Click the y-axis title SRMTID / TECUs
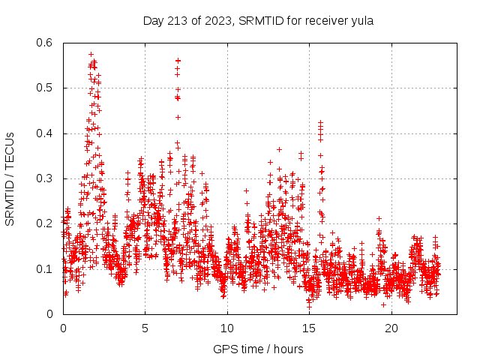tap(10, 178)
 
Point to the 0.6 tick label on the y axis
tap(46, 43)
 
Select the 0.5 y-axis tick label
tap(46, 88)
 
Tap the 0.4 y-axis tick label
tap(46, 133)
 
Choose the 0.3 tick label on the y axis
tap(46, 178)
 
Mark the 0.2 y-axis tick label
tap(46, 223)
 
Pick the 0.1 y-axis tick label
tap(46, 268)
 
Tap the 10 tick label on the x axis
tap(227, 328)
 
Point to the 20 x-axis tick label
tap(391, 328)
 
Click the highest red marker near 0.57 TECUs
tap(91, 54)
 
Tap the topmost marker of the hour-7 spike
tap(178, 60)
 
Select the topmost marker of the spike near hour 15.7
tap(320, 121)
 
